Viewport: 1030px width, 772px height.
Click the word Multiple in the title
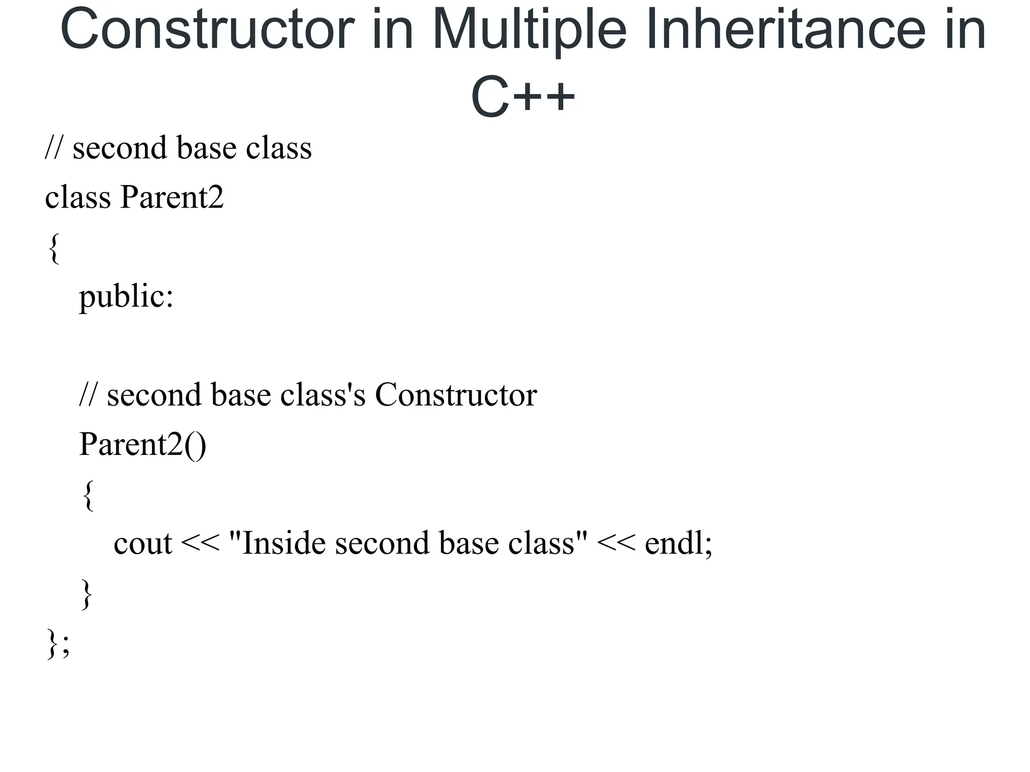pos(529,30)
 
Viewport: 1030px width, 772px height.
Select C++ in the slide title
pos(523,96)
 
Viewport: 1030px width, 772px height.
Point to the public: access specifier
pos(126,297)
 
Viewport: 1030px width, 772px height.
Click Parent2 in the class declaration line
pos(171,197)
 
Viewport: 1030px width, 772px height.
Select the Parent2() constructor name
pos(142,444)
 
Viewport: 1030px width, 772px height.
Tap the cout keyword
pos(143,544)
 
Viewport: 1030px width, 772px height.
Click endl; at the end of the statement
pos(678,544)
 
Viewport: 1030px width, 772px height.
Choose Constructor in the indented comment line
pos(456,395)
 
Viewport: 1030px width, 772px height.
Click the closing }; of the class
pos(58,643)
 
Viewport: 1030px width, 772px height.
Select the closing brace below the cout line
pos(87,594)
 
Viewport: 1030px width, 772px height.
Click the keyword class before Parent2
pos(77,197)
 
